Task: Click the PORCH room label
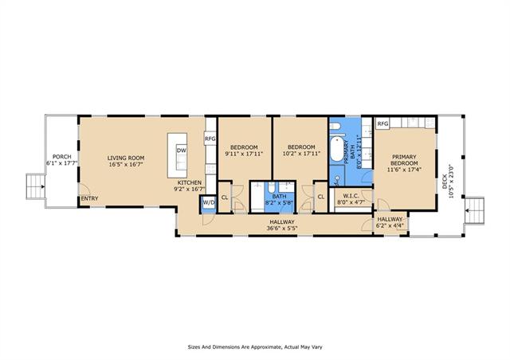pos(62,157)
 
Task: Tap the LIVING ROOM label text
pos(126,158)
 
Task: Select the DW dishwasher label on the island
pos(181,151)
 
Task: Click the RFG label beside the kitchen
pos(210,139)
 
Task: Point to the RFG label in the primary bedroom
pos(382,124)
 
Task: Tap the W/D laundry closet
pos(209,203)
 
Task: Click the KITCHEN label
pos(190,182)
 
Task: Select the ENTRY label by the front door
pos(89,198)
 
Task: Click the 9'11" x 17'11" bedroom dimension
pos(244,154)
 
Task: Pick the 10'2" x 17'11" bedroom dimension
pos(301,154)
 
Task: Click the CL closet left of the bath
pos(225,198)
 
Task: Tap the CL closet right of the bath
pos(321,197)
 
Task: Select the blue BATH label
pos(279,197)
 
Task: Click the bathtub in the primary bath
pos(337,149)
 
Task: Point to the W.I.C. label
pos(351,196)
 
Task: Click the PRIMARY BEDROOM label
pos(404,160)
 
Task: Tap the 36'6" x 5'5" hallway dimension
pos(282,229)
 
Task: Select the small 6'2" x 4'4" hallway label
pos(390,225)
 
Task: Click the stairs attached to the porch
pos(35,186)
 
